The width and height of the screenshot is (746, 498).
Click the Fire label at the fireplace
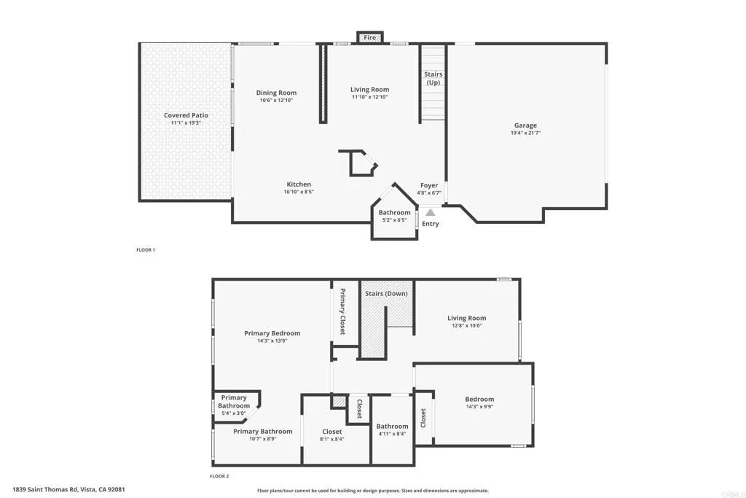point(370,37)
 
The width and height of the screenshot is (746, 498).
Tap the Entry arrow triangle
point(431,212)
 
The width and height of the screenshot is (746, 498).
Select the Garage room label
point(525,125)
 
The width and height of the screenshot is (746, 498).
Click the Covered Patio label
point(186,115)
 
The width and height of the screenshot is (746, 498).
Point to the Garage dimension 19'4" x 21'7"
point(525,134)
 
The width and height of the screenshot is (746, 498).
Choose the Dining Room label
point(276,93)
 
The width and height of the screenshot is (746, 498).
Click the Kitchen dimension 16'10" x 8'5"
point(299,192)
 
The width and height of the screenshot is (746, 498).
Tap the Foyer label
point(429,185)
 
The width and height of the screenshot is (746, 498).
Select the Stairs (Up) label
point(433,78)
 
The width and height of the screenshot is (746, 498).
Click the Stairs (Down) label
point(386,293)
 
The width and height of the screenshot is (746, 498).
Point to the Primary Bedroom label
point(272,333)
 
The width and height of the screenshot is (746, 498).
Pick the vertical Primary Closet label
point(342,312)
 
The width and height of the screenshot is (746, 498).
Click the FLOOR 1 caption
point(146,250)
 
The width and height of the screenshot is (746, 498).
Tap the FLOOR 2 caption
point(219,476)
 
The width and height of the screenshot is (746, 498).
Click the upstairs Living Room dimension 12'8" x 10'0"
point(466,326)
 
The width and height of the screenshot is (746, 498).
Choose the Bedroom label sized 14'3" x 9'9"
point(479,399)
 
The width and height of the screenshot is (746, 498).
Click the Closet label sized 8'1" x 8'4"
point(331,432)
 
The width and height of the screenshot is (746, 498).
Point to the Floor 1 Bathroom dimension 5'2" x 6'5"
point(394,220)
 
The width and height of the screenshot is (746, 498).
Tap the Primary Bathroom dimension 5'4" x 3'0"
point(234,413)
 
